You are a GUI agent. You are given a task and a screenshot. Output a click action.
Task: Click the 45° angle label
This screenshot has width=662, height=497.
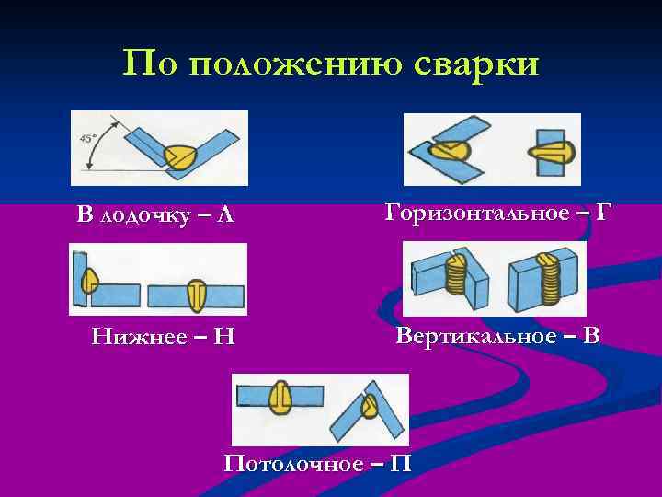[87, 136]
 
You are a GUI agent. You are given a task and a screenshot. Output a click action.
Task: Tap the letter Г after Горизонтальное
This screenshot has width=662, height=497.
[601, 214]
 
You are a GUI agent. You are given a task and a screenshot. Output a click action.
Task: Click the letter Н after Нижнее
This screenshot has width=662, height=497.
[223, 337]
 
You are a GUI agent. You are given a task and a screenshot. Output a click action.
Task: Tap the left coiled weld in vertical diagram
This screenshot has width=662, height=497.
[456, 273]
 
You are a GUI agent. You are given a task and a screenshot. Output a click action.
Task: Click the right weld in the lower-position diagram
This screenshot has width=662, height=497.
[196, 295]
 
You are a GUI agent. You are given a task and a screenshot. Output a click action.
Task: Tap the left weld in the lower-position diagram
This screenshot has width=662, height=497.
[88, 278]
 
